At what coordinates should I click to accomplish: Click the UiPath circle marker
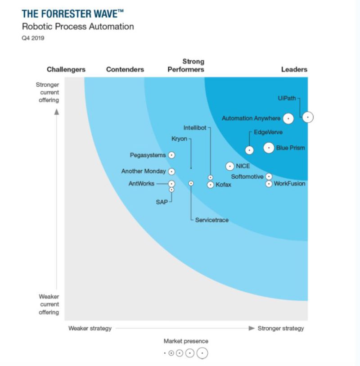(x=308, y=117)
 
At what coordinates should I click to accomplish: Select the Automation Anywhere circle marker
(x=288, y=118)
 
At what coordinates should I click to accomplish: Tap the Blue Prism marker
(x=269, y=147)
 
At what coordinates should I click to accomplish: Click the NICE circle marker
(x=230, y=166)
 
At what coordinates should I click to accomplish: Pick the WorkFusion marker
(x=269, y=184)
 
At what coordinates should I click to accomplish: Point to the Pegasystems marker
(x=171, y=155)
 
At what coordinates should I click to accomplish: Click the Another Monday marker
(x=171, y=172)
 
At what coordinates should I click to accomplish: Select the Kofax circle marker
(x=210, y=185)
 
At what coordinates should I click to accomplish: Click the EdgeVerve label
(x=268, y=132)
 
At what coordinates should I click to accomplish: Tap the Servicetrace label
(x=211, y=220)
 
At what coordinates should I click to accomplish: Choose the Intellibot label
(x=194, y=128)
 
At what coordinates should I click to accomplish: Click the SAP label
(x=162, y=202)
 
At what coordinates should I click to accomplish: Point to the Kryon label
(x=179, y=139)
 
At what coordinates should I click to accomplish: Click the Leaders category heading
(x=294, y=69)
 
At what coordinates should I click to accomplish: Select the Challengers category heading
(x=66, y=69)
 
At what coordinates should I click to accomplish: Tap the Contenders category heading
(x=125, y=69)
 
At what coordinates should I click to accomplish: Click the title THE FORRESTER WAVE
(x=72, y=13)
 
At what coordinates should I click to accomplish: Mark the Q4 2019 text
(x=33, y=38)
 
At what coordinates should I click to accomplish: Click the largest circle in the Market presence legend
(x=202, y=353)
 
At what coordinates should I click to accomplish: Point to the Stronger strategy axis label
(x=280, y=328)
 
